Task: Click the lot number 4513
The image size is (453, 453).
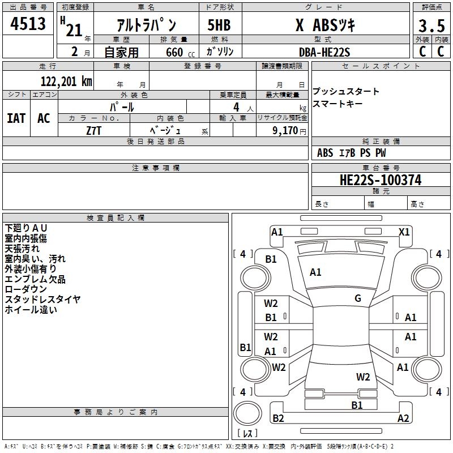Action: click(x=28, y=24)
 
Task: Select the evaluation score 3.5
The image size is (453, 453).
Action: click(x=431, y=26)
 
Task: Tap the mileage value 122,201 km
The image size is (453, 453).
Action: click(x=66, y=81)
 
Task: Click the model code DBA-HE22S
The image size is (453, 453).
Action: click(x=325, y=52)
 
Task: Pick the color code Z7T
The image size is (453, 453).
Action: click(x=93, y=130)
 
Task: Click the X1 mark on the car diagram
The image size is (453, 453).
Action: click(x=404, y=232)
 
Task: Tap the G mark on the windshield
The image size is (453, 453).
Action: click(x=358, y=298)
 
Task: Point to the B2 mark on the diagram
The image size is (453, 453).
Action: click(x=278, y=418)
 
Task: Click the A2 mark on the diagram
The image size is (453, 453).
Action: click(x=403, y=418)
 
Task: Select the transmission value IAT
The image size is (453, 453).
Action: click(x=16, y=118)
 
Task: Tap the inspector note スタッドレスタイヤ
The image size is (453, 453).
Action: click(x=42, y=300)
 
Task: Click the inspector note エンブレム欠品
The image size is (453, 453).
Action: click(x=35, y=279)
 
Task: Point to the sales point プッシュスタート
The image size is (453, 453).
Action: click(x=346, y=92)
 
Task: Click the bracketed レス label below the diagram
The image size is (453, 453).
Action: click(x=247, y=434)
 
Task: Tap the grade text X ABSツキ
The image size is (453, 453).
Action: click(x=325, y=26)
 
